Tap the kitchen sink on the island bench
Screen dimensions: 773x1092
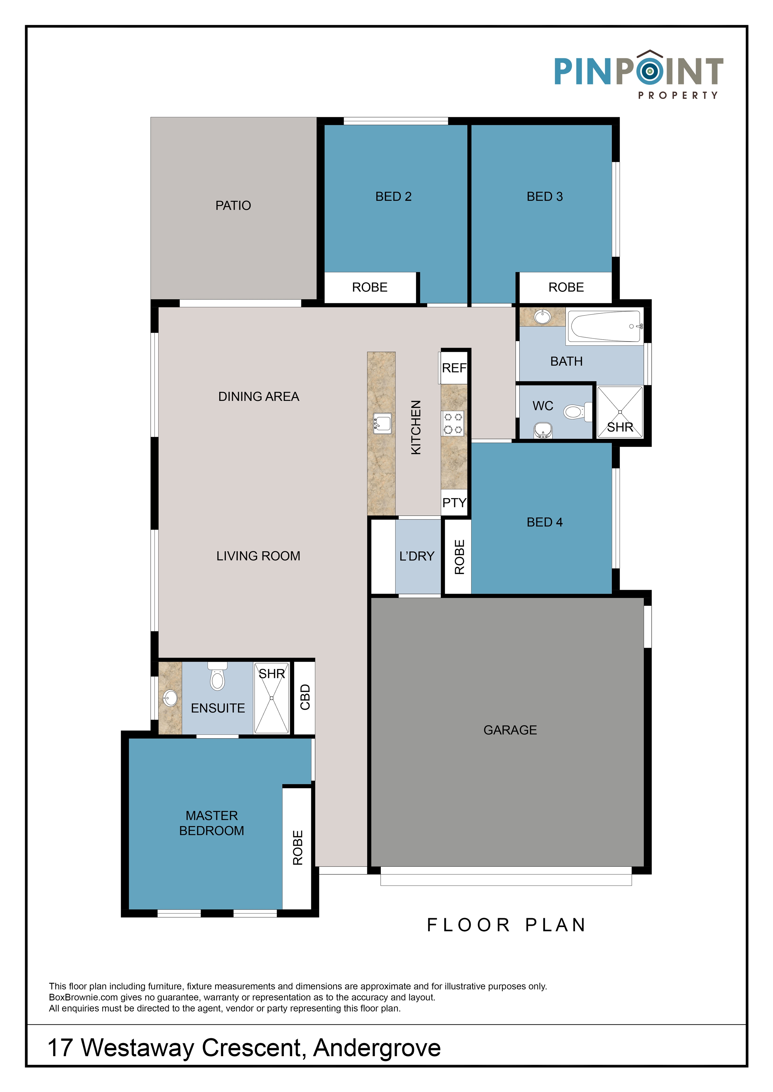[382, 423]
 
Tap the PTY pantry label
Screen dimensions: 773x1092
[454, 503]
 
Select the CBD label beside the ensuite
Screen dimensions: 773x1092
[305, 697]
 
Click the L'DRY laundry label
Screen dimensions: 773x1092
[417, 556]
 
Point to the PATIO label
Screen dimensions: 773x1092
[233, 205]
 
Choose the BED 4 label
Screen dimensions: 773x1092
[545, 522]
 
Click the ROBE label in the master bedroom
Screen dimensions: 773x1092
[298, 848]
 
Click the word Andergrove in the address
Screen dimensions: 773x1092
[377, 1048]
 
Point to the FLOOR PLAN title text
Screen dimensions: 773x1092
[507, 925]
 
